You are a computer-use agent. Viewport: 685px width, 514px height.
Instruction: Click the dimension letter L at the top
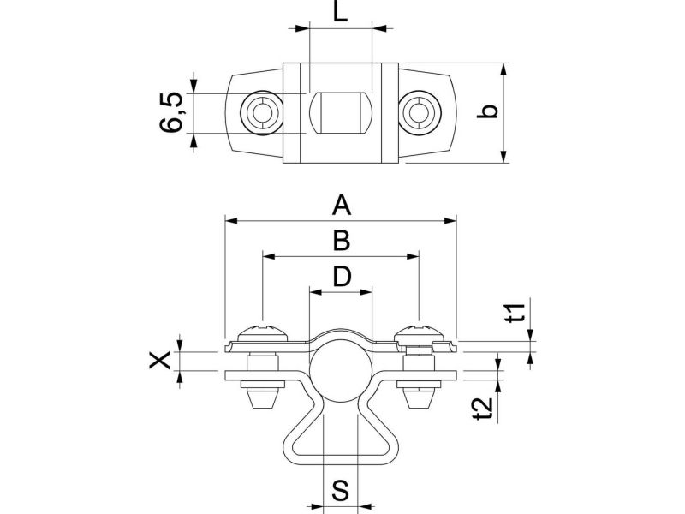click(x=340, y=11)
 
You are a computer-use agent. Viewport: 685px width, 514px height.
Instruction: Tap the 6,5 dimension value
click(x=171, y=112)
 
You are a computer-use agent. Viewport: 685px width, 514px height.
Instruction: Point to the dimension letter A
click(x=341, y=206)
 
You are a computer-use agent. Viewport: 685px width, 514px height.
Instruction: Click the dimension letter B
click(x=341, y=241)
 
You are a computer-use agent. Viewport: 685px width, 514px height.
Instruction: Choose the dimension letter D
click(x=342, y=276)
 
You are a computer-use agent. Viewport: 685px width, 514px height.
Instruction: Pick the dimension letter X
click(x=159, y=361)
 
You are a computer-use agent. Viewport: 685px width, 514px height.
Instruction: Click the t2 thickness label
click(x=483, y=409)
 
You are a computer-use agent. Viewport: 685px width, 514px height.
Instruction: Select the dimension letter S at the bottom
click(x=340, y=490)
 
